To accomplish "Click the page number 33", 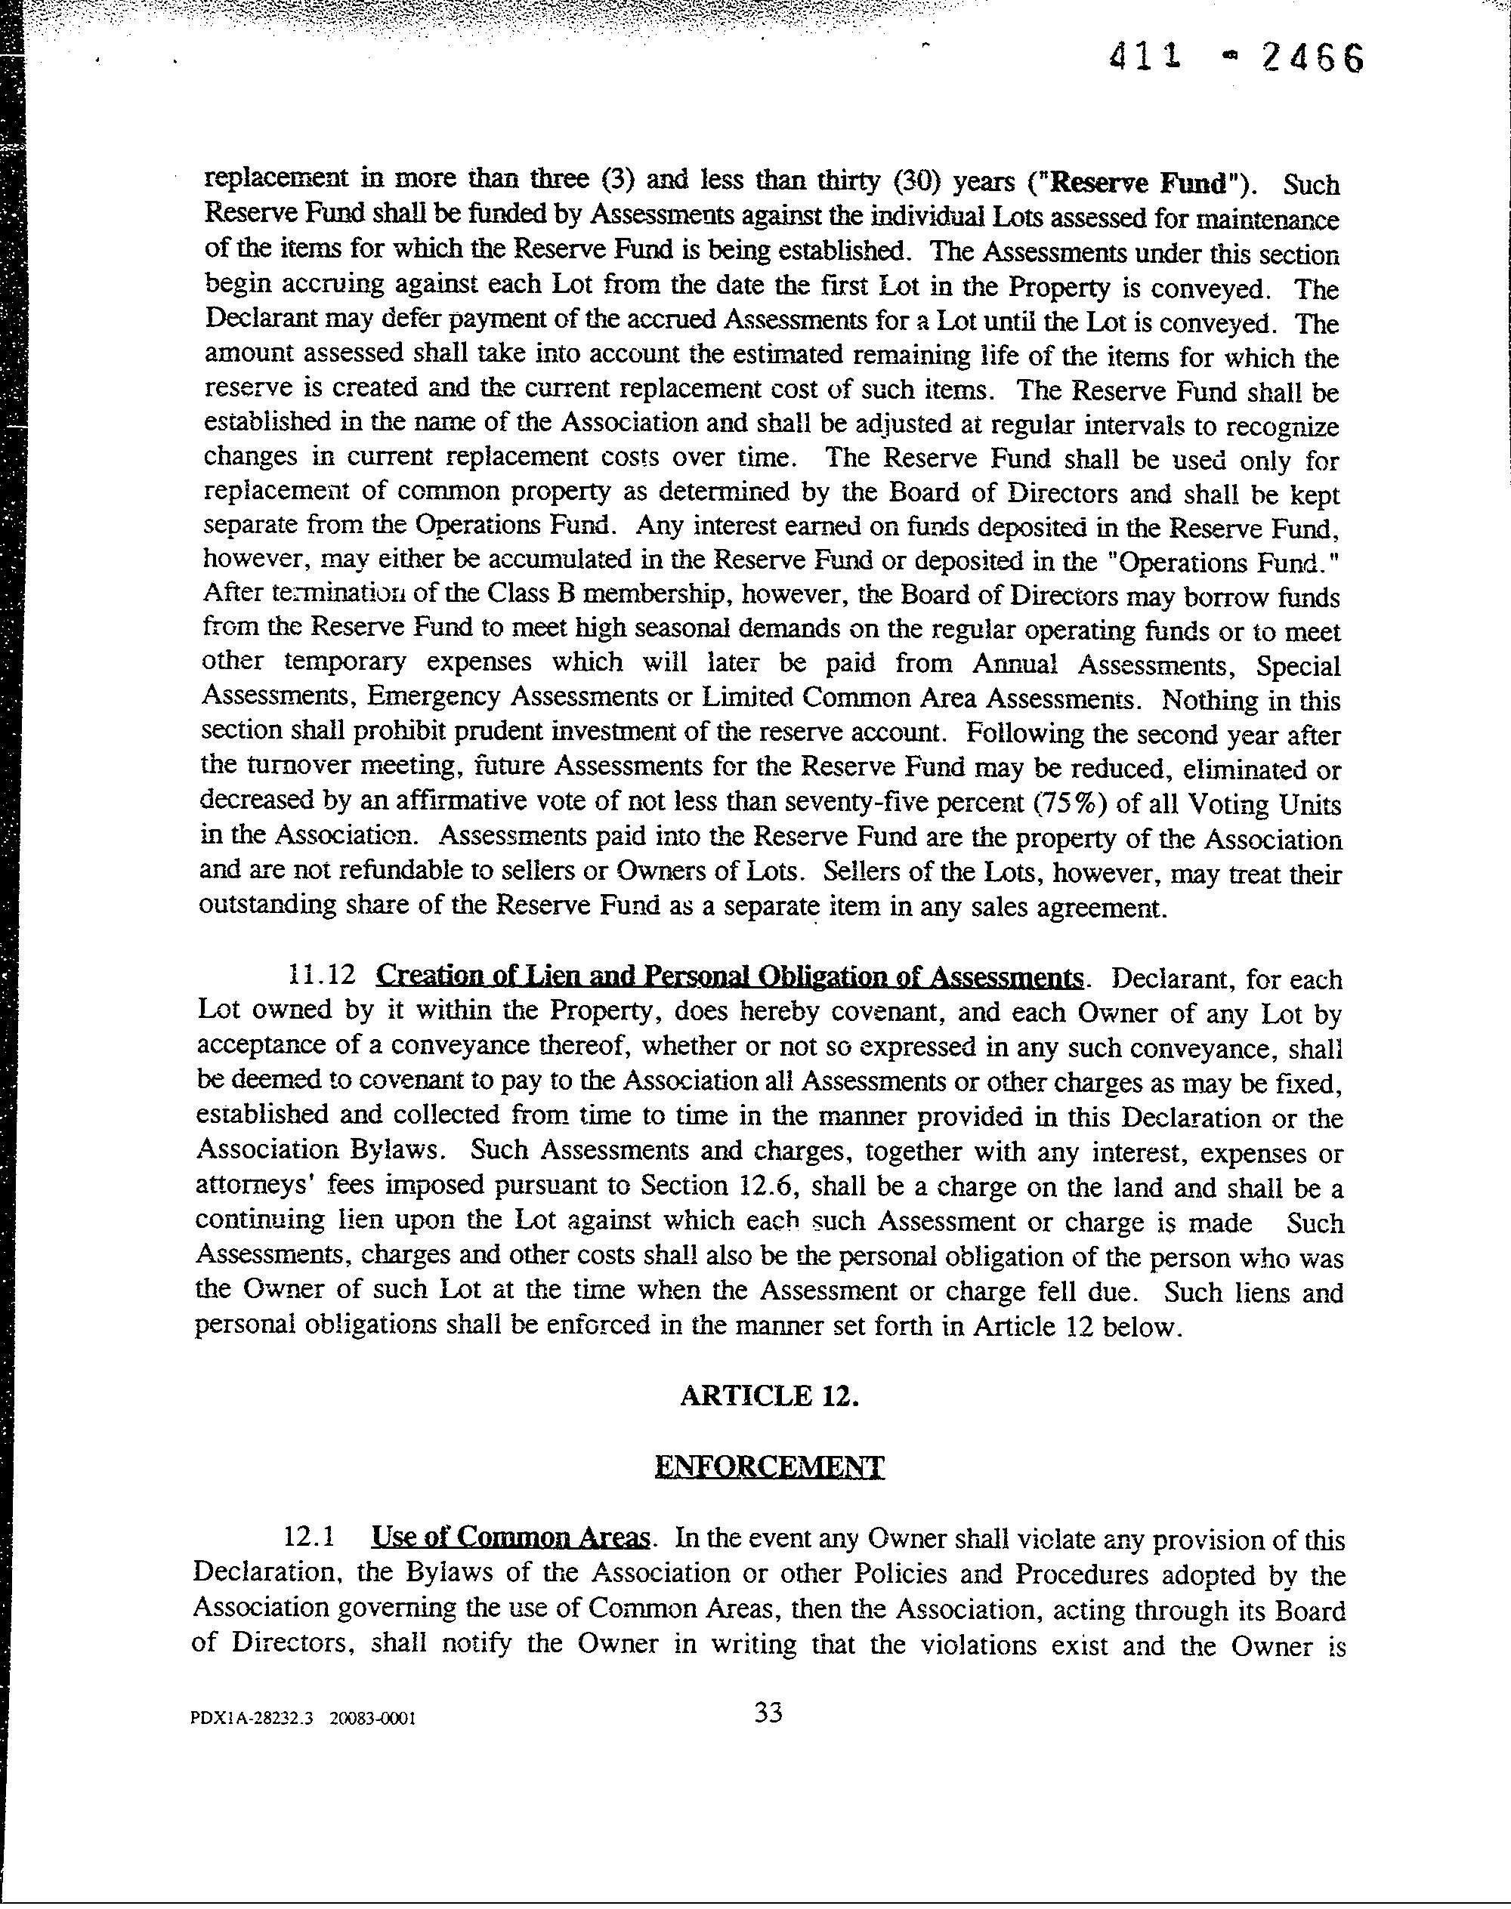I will point(768,1738).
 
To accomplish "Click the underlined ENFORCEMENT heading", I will point(769,1467).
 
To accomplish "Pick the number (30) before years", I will point(914,181).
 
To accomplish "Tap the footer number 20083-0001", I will point(372,1743).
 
